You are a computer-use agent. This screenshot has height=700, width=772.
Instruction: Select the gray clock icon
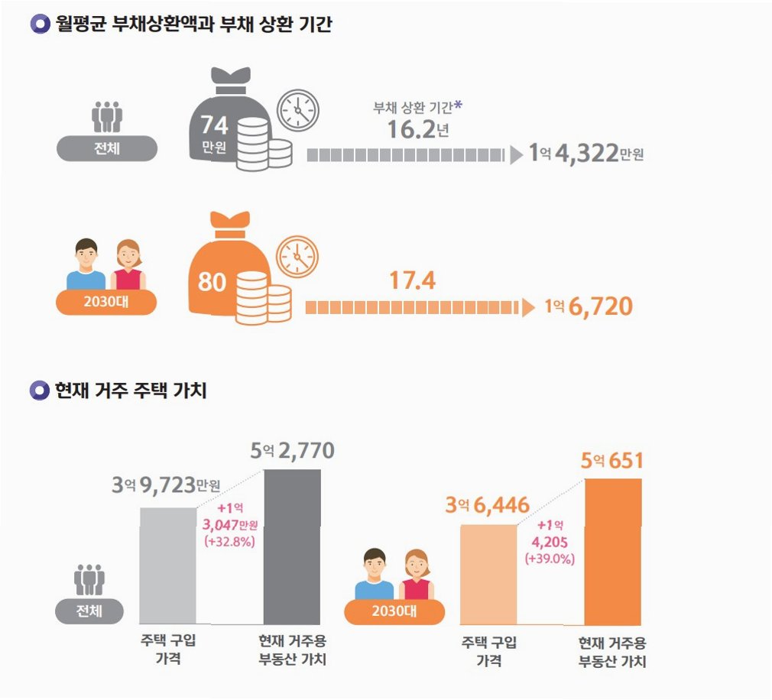pos(298,110)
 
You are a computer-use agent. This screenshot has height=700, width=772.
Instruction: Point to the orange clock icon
pos(297,257)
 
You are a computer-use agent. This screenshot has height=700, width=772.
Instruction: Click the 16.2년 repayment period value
pos(418,130)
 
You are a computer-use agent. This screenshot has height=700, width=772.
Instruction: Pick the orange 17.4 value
pos(413,280)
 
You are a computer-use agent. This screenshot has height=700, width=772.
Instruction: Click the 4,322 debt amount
pos(586,153)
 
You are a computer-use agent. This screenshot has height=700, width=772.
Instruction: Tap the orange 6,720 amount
pos(601,306)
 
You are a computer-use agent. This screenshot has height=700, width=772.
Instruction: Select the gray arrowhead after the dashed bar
pos(517,155)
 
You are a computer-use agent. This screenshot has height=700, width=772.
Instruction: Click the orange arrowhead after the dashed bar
pos(528,308)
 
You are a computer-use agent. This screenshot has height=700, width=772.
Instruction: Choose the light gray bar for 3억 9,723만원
pos(168,566)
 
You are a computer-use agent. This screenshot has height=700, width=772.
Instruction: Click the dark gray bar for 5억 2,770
pos(293,547)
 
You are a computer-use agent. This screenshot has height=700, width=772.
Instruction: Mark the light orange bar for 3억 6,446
pos(488,575)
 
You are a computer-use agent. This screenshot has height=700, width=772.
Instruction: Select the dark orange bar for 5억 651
pos(613,552)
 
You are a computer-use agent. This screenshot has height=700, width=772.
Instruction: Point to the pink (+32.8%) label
pos(230,542)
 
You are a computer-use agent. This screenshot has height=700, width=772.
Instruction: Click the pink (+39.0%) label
pos(550,559)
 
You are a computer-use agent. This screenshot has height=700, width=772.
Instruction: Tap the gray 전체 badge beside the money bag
pos(107,148)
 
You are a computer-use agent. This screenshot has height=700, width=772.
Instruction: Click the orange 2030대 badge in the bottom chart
pos(394,611)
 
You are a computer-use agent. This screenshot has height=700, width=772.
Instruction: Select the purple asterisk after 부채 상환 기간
pos(458,105)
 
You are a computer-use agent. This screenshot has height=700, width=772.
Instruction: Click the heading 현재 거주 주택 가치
pos(131,391)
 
